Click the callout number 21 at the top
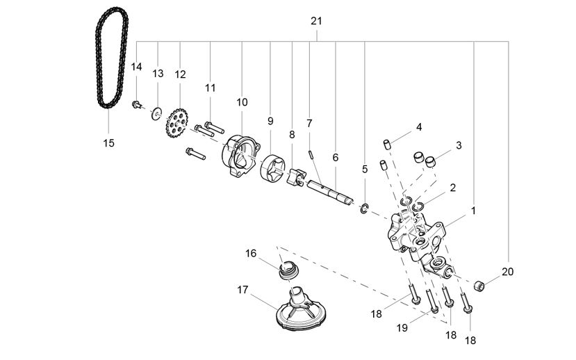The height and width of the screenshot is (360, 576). [316, 21]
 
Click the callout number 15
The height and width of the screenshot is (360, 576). [108, 142]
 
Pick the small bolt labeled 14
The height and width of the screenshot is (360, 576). [137, 105]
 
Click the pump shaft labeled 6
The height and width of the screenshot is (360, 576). [332, 192]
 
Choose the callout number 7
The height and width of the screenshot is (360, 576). [309, 123]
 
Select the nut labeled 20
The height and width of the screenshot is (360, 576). [477, 285]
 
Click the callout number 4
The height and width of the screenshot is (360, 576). [419, 127]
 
